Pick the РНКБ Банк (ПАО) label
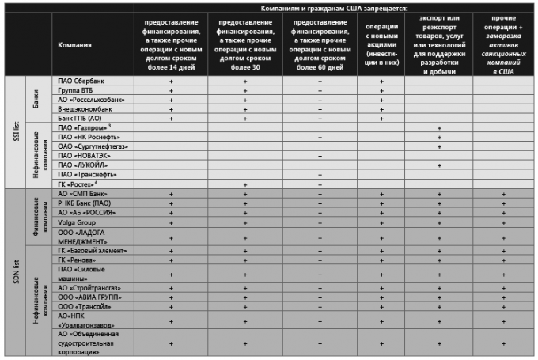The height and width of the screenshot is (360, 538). point(86,203)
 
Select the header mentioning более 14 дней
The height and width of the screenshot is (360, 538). point(171,45)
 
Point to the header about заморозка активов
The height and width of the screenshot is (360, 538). point(504,45)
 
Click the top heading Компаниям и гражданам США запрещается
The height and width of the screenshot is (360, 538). point(335,7)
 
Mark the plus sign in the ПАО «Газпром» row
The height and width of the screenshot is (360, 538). point(438,127)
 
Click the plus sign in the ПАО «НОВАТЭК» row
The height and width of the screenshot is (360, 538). point(320,156)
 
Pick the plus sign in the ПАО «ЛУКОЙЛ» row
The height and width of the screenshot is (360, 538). point(438,165)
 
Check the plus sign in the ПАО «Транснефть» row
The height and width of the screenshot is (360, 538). point(320,174)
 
